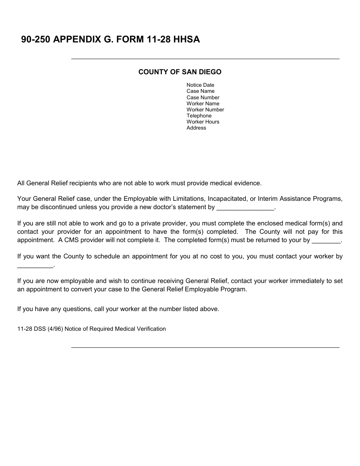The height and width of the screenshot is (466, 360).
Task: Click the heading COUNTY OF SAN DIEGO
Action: [180, 72]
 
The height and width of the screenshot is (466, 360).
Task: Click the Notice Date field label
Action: [200, 85]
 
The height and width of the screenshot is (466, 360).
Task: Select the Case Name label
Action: [200, 91]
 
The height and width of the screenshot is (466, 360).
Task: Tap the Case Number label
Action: [203, 97]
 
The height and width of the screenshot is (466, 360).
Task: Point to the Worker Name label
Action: [203, 103]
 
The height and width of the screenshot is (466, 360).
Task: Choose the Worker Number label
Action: [205, 109]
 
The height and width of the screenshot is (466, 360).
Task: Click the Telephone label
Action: [199, 116]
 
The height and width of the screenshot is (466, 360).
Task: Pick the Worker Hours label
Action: [203, 122]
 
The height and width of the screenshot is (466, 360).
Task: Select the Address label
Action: [196, 128]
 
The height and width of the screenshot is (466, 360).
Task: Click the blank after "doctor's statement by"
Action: [245, 208]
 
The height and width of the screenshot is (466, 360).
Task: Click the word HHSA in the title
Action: [186, 39]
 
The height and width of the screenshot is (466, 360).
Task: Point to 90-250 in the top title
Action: [36, 39]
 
